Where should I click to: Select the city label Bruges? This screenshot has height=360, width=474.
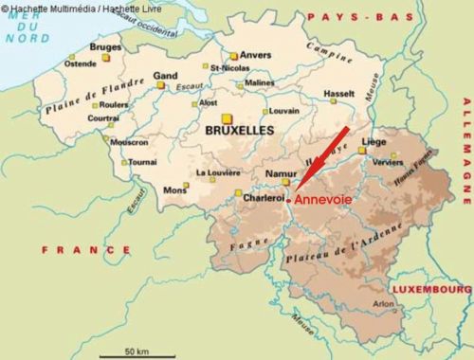[x=105, y=46]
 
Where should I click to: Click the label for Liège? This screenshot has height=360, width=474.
[x=374, y=141]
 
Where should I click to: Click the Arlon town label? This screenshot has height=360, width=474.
[x=382, y=304]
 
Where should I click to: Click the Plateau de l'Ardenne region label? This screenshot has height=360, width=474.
[x=349, y=243]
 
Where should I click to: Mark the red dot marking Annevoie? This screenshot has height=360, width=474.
[x=288, y=200]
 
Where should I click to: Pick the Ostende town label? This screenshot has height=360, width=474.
[x=80, y=63]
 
